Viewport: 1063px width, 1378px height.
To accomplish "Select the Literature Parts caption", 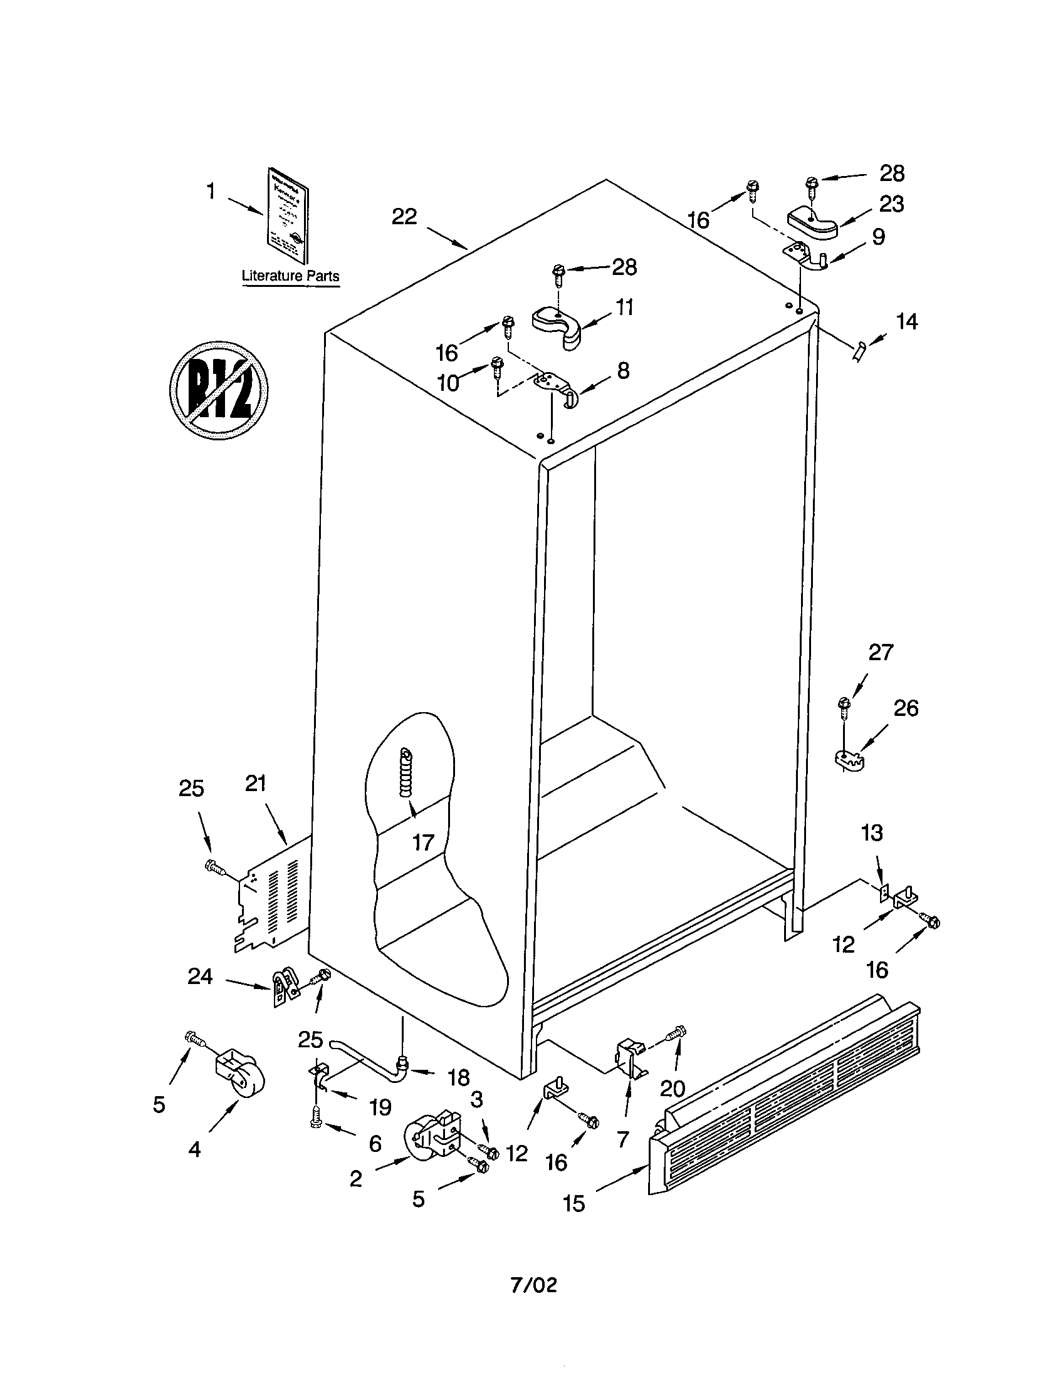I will pyautogui.click(x=290, y=276).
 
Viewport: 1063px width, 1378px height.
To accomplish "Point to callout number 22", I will pyautogui.click(x=404, y=217).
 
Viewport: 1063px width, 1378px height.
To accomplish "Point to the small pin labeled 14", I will pyautogui.click(x=860, y=351).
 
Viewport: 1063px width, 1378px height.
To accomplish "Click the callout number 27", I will pyautogui.click(x=881, y=652).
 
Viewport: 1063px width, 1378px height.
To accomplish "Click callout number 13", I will pyautogui.click(x=872, y=833).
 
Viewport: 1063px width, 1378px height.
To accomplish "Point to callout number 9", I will pyautogui.click(x=878, y=237).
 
